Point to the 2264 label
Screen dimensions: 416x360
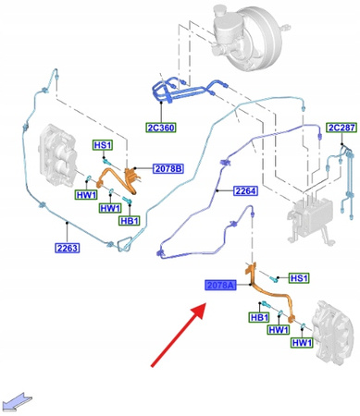[245, 191]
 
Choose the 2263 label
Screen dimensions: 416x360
[66, 247]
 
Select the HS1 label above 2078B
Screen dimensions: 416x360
[100, 146]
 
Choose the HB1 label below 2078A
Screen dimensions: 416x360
[259, 317]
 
